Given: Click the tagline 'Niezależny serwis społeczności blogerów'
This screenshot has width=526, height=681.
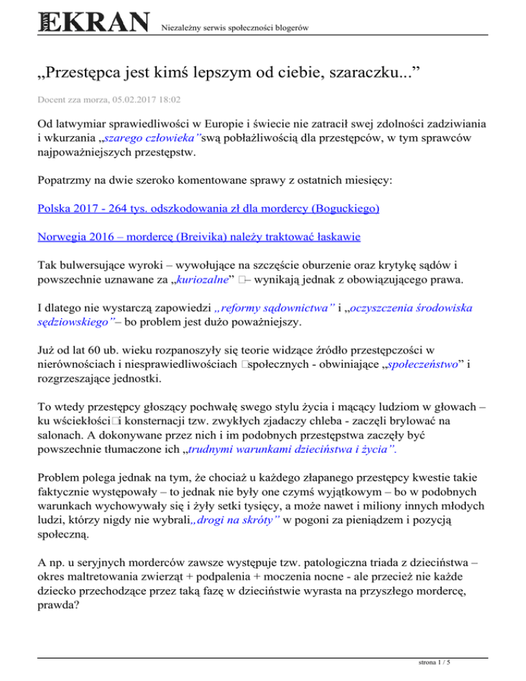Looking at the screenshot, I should [232, 28].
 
